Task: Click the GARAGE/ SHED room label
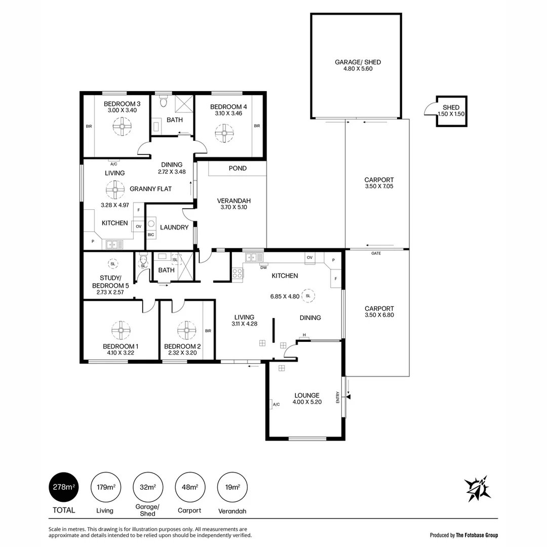358,65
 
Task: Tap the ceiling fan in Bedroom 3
122,127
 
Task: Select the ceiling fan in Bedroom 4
223,134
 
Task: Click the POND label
238,168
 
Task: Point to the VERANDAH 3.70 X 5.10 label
233,204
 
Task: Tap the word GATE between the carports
376,253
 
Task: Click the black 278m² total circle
64,487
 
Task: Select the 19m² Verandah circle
232,487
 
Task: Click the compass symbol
478,489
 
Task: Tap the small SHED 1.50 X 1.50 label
451,110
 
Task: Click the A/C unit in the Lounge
275,404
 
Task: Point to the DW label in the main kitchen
263,267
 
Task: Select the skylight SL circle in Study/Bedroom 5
112,264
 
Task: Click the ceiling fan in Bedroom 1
122,330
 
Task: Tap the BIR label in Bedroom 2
208,331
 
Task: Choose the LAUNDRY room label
174,227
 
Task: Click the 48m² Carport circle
190,487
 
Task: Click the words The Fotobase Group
477,535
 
